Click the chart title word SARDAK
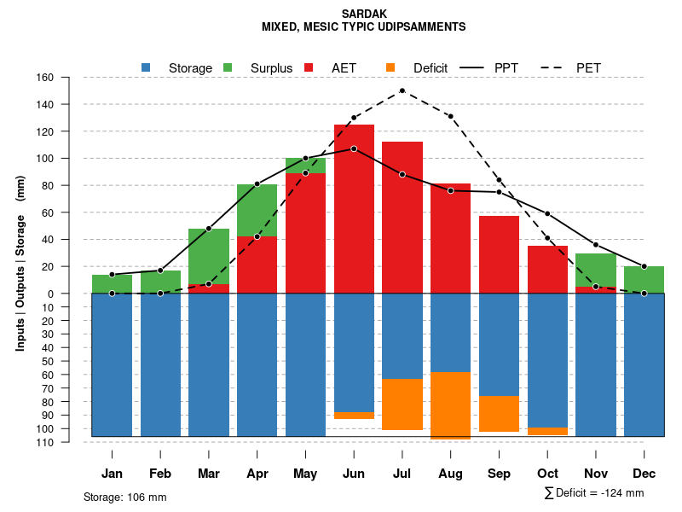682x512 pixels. point(363,14)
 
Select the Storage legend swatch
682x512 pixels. point(146,67)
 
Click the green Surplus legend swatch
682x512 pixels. point(228,67)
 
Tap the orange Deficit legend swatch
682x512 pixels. point(390,67)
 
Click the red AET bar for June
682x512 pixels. point(354,205)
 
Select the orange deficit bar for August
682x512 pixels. point(450,405)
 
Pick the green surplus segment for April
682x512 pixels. point(257,210)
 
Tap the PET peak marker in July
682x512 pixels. point(402,90)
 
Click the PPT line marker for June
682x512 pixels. point(354,148)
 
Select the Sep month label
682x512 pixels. point(499,474)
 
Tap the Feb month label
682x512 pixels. point(160,474)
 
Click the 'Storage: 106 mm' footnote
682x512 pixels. point(124,497)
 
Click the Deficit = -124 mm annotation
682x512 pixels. point(593,493)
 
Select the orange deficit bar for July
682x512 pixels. point(402,404)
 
